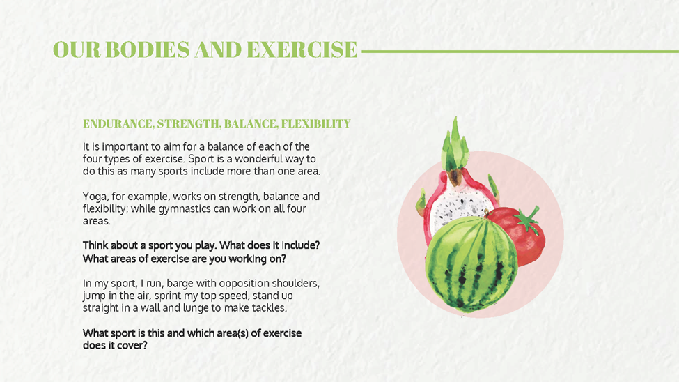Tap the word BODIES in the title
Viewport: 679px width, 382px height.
coord(148,50)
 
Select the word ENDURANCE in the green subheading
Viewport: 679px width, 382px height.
coord(118,124)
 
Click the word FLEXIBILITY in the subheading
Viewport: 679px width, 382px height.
coord(315,124)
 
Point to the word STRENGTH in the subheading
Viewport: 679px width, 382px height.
coord(189,124)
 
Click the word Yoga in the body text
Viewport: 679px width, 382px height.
coord(93,197)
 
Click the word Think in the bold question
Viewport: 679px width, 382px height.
coord(95,245)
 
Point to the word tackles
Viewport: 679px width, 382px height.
coord(270,308)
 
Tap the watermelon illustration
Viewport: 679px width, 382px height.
coord(471,262)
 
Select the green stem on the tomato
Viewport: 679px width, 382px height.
coord(526,219)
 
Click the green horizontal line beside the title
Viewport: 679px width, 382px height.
coord(520,52)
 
